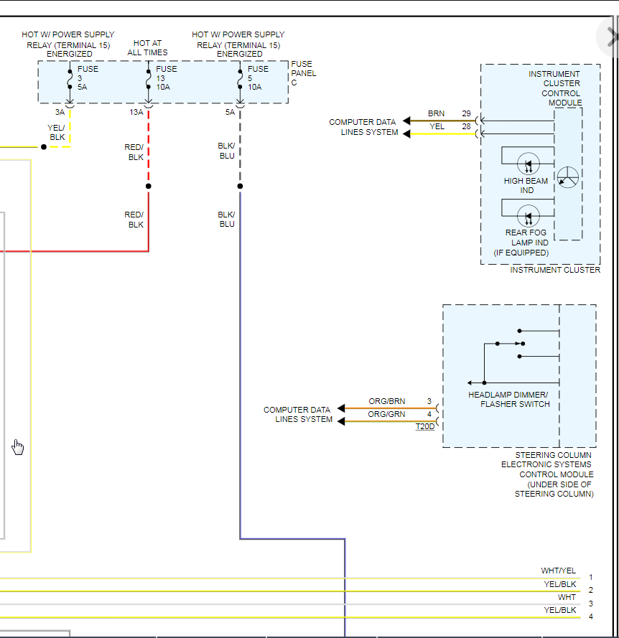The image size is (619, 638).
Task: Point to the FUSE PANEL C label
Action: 303,73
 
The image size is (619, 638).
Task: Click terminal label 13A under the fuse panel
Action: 136,112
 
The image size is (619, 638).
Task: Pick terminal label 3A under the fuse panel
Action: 60,112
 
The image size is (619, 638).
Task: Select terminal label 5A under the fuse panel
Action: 230,112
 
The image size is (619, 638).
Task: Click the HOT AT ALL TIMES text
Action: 147,48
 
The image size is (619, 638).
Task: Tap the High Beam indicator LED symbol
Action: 529,163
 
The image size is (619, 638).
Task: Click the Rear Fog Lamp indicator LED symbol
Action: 529,215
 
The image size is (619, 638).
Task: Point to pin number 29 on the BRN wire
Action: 466,114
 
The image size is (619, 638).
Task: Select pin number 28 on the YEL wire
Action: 466,126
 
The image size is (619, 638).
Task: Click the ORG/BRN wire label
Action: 386,402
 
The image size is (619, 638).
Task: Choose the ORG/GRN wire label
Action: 386,414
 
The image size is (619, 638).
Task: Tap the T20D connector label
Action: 424,426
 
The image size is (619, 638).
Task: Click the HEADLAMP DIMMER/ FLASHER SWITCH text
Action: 508,400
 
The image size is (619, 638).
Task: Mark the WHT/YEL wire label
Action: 558,571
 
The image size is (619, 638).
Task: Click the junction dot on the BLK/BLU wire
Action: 240,186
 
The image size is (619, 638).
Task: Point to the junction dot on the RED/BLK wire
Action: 149,186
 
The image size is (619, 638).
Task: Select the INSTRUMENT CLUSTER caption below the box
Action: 554,270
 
